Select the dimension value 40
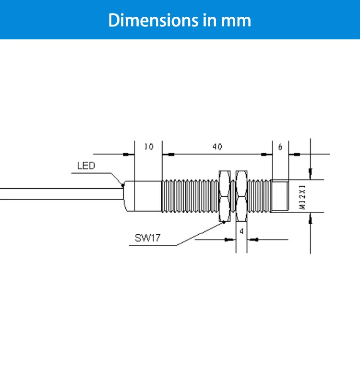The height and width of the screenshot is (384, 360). (x=217, y=147)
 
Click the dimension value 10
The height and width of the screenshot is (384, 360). (x=149, y=147)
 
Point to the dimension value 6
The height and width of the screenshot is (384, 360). (x=280, y=147)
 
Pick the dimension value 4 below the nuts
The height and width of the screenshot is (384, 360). (x=241, y=231)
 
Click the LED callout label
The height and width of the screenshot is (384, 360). (x=86, y=166)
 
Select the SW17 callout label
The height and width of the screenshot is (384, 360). (x=147, y=239)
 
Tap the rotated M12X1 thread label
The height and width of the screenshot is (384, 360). (x=302, y=196)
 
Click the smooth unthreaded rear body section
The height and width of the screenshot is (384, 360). (x=143, y=196)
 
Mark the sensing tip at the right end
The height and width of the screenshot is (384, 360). (x=280, y=196)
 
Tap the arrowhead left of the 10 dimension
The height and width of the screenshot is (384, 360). (x=127, y=155)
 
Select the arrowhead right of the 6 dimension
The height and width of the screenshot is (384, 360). (x=296, y=155)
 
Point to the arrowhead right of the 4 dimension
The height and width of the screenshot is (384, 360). (x=255, y=239)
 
